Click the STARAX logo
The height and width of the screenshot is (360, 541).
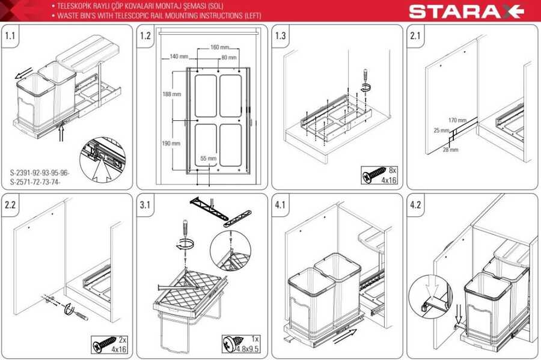pyautogui.click(x=466, y=11)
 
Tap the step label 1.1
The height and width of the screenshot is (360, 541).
pyautogui.click(x=10, y=35)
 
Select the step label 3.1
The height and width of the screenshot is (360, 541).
pyautogui.click(x=145, y=205)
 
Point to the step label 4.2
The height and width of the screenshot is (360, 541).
pyautogui.click(x=415, y=205)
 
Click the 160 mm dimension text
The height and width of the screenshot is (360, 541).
pyautogui.click(x=220, y=47)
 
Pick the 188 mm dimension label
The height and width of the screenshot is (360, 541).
pyautogui.click(x=171, y=94)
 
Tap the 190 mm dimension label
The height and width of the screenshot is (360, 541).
pyautogui.click(x=171, y=143)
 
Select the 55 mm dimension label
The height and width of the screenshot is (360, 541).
pyautogui.click(x=209, y=158)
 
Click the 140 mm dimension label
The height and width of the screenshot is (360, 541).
pyautogui.click(x=179, y=56)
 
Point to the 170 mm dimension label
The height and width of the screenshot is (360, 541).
pyautogui.click(x=457, y=120)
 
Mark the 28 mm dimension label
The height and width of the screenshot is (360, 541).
pyautogui.click(x=451, y=150)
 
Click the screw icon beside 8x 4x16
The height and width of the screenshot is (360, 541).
pyautogui.click(x=374, y=175)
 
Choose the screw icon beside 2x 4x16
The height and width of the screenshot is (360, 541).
pyautogui.click(x=104, y=344)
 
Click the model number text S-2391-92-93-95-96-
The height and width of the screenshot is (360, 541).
pyautogui.click(x=39, y=172)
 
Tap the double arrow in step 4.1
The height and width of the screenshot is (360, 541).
pyautogui.click(x=345, y=336)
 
